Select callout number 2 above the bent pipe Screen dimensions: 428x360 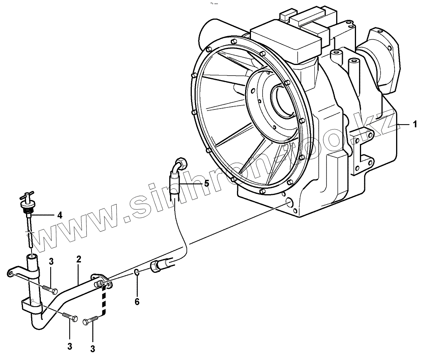tap(79, 259)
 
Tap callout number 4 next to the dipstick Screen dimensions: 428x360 tap(60, 214)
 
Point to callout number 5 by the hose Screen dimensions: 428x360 tap(207, 183)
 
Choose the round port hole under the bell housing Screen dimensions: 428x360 tap(289, 202)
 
